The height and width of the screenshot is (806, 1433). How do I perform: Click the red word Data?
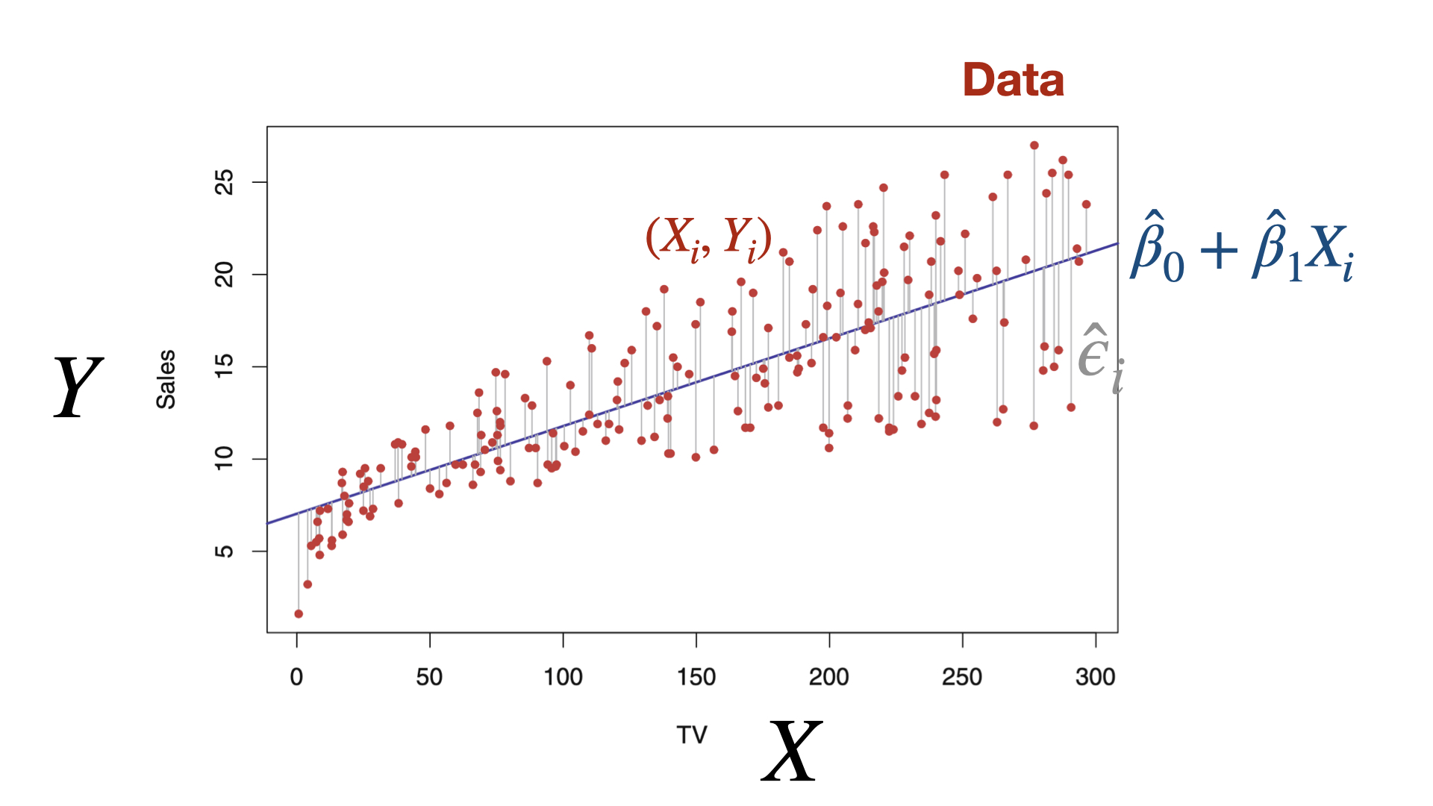(x=1013, y=80)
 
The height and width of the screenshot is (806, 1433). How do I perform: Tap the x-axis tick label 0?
(x=297, y=677)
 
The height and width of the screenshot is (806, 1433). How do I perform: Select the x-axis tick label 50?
(x=430, y=677)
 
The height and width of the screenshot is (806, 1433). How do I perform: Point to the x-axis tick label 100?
(x=563, y=677)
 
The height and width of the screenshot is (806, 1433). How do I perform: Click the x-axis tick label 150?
(x=696, y=677)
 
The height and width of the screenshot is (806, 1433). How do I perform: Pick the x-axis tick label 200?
(x=829, y=677)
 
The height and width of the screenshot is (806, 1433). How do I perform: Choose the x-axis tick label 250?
(x=962, y=677)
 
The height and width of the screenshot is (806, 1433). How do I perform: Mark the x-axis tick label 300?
(x=1095, y=677)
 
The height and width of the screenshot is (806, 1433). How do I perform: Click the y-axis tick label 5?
(x=224, y=551)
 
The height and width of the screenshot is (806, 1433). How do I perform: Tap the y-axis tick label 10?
(x=224, y=458)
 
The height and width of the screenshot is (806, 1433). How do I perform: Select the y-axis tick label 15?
(x=224, y=366)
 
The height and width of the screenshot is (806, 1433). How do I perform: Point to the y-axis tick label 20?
(x=224, y=275)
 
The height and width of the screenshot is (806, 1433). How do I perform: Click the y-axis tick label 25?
(x=224, y=182)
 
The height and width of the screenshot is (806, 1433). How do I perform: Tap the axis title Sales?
(x=166, y=379)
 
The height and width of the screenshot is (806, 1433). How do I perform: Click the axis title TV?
(x=692, y=735)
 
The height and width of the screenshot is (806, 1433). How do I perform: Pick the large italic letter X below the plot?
(x=791, y=751)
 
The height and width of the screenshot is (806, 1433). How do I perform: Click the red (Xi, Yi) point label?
(x=708, y=238)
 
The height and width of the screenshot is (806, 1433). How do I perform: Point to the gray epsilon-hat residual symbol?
(x=1100, y=358)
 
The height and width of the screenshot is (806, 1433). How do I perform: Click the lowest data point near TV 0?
(x=299, y=613)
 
